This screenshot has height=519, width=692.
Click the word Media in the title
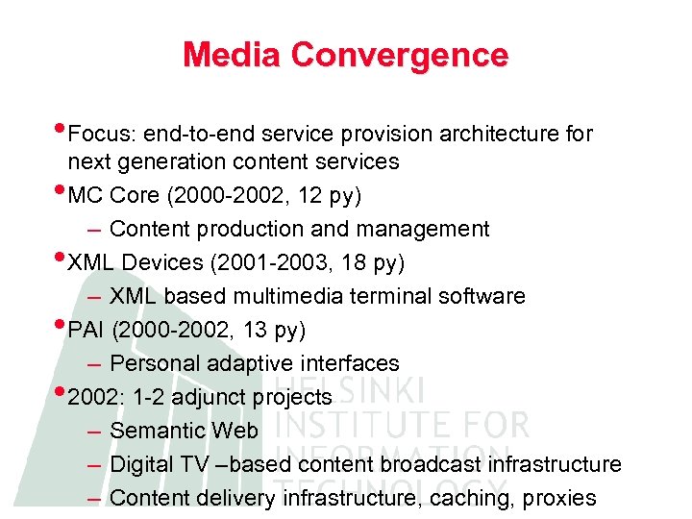(x=233, y=55)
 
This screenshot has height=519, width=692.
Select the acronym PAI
(x=86, y=331)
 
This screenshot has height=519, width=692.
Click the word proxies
(x=561, y=498)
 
